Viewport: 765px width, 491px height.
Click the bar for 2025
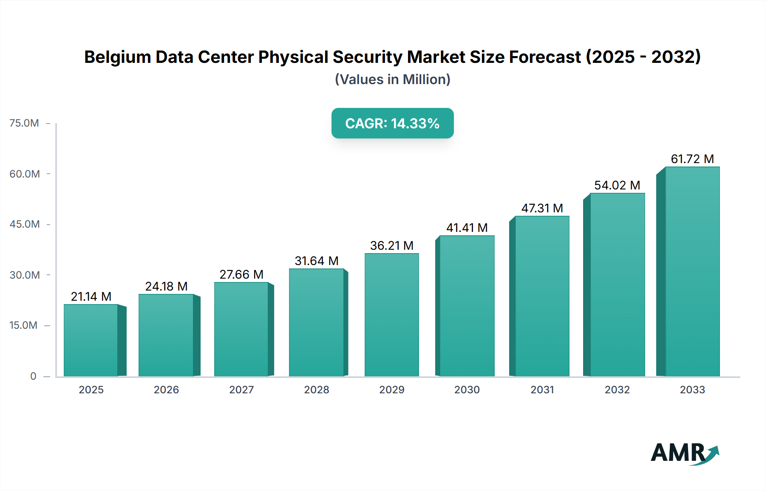point(91,340)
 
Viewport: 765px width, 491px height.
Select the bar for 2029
point(391,314)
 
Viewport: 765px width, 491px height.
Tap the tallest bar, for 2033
point(692,272)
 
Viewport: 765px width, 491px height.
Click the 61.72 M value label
point(692,159)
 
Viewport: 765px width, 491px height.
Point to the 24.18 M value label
point(166,286)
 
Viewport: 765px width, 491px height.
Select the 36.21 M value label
point(391,245)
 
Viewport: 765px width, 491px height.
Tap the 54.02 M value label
point(617,185)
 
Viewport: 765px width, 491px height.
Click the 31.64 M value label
point(316,261)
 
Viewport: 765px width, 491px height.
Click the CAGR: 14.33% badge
point(392,123)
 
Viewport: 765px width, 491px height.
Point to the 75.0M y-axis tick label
point(24,123)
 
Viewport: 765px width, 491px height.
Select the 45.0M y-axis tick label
point(25,224)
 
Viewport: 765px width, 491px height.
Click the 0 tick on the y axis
point(33,376)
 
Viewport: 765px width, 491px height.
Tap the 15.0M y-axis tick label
point(23,325)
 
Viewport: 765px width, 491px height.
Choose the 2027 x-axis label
point(241,389)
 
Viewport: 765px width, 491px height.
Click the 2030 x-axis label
point(467,389)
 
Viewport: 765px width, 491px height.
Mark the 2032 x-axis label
point(617,389)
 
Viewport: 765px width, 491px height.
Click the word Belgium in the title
point(117,57)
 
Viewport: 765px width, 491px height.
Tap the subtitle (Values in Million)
point(392,79)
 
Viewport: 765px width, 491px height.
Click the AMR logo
point(684,453)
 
